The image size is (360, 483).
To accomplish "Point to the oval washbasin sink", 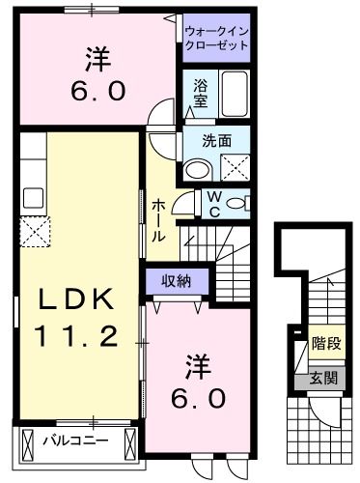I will [x=199, y=170].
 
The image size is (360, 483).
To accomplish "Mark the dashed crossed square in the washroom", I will [x=235, y=168].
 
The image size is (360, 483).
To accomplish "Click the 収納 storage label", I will [x=170, y=280].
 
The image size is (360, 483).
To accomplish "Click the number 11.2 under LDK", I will [x=76, y=336].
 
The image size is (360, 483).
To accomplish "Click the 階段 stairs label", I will [x=325, y=342].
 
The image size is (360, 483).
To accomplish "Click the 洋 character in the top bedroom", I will [x=96, y=60].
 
